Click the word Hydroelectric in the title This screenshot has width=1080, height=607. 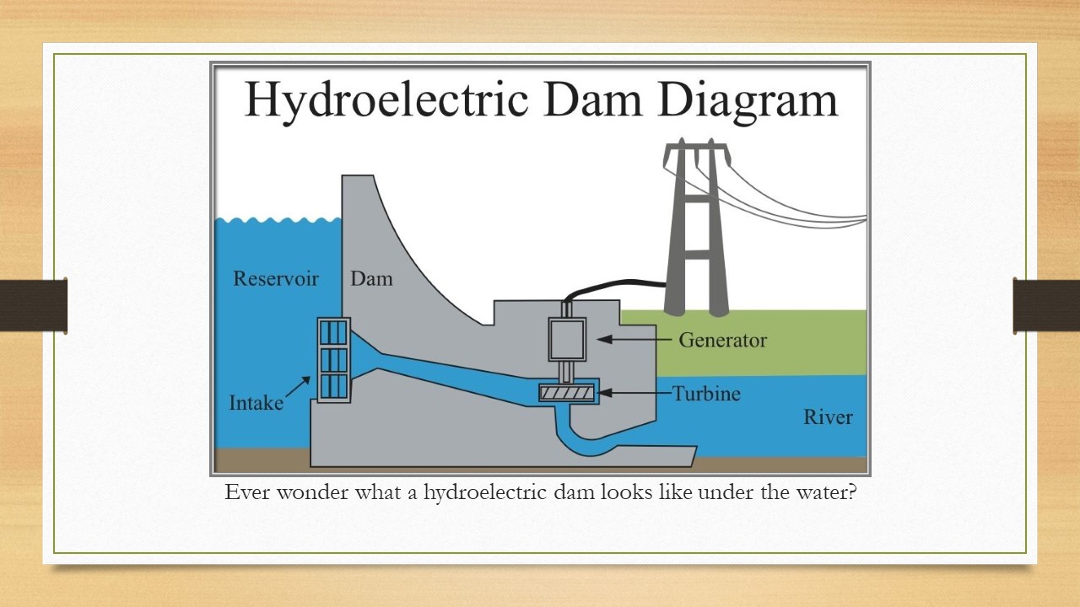coord(386,100)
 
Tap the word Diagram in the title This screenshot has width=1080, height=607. coord(748,100)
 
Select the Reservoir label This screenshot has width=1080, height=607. coord(276,278)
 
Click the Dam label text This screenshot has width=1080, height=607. coord(371,278)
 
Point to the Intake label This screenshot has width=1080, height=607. coord(256,403)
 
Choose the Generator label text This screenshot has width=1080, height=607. coord(723,340)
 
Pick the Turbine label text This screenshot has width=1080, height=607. coord(706,394)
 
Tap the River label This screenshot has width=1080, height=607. coord(828,416)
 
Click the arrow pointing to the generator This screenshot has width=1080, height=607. coord(634,339)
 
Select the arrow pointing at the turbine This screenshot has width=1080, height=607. coord(634,393)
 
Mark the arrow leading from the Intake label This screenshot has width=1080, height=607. coord(299,386)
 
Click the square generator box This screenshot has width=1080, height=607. coord(568,339)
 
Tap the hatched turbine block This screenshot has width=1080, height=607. coord(567,393)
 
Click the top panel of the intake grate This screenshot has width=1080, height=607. coord(333,332)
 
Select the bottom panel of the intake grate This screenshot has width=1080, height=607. coord(333,386)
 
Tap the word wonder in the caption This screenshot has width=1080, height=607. coord(312,492)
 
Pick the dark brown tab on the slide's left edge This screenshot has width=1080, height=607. coord(33,304)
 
